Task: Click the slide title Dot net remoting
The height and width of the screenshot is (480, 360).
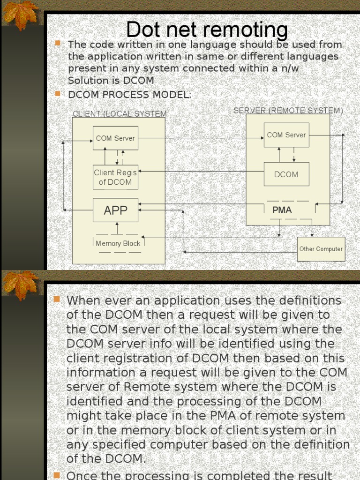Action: [x=207, y=30]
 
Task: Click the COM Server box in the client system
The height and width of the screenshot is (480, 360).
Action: [x=115, y=138]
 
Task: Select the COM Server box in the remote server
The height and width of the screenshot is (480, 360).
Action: [x=286, y=135]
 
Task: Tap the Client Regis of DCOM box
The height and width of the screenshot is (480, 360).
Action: [x=115, y=177]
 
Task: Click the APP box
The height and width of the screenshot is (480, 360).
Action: [x=115, y=210]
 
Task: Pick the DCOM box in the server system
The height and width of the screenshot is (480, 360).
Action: [x=286, y=174]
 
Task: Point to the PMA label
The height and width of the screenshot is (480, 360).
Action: [x=282, y=210]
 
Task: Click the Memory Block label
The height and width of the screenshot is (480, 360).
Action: [x=118, y=243]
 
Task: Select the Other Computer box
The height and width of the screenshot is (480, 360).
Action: [x=321, y=249]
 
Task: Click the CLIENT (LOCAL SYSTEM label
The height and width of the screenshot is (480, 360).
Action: [x=120, y=114]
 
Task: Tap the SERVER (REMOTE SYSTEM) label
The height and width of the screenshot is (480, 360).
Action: [x=288, y=111]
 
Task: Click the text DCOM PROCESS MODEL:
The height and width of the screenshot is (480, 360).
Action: [x=130, y=95]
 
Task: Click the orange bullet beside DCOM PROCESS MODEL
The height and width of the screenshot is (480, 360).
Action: [x=58, y=94]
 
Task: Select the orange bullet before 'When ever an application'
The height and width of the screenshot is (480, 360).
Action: [x=57, y=299]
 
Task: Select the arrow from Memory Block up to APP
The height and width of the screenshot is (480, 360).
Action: [x=117, y=228]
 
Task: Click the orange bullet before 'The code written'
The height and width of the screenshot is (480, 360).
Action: [x=58, y=43]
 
